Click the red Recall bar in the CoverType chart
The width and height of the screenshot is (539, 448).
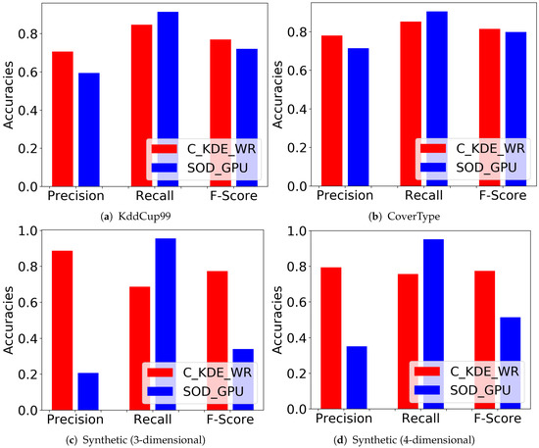[410, 103]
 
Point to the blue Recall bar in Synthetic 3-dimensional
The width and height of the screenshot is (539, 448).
[167, 324]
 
